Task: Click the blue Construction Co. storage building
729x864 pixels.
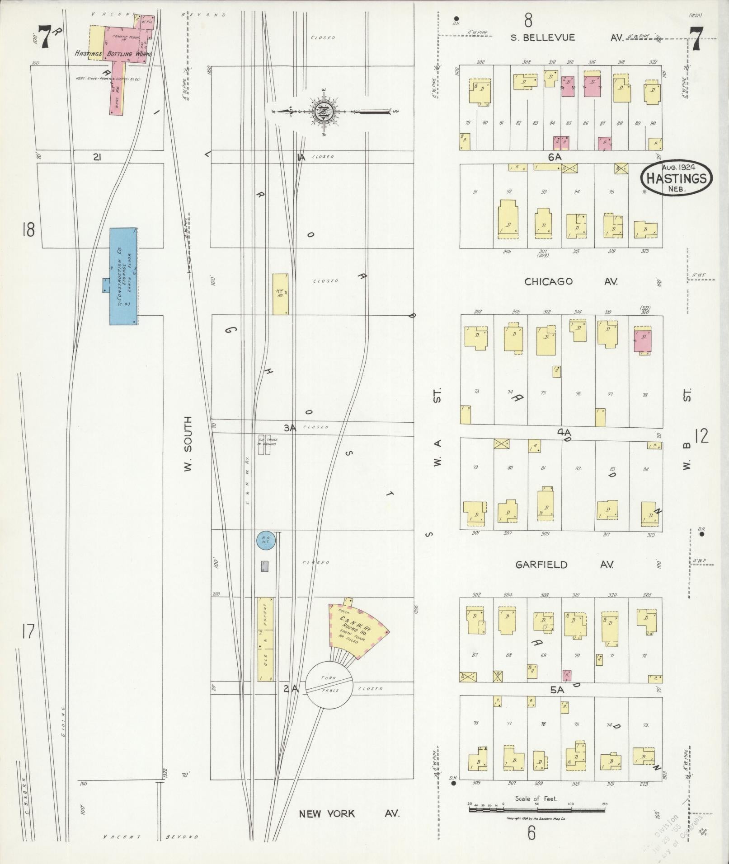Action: (123, 276)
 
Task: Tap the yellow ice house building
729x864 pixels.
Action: (280, 294)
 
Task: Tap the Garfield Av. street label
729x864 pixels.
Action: (564, 565)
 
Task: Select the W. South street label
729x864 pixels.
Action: (188, 444)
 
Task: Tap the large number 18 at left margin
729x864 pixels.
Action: (28, 230)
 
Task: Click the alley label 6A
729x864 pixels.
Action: (555, 157)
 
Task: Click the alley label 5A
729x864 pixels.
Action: (557, 690)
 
